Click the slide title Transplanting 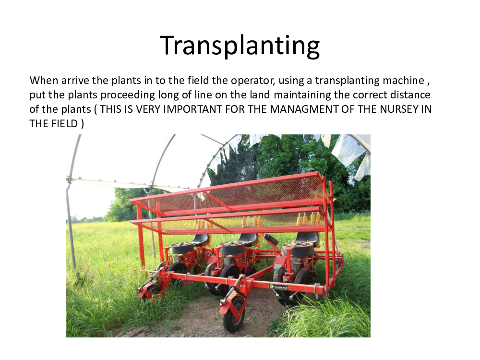240,46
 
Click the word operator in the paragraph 252,81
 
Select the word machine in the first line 404,80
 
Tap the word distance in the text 410,95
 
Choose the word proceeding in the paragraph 128,95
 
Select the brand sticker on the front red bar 278,287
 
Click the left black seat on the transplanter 201,240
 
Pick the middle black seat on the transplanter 248,239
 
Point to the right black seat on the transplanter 307,238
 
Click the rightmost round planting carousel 298,249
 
